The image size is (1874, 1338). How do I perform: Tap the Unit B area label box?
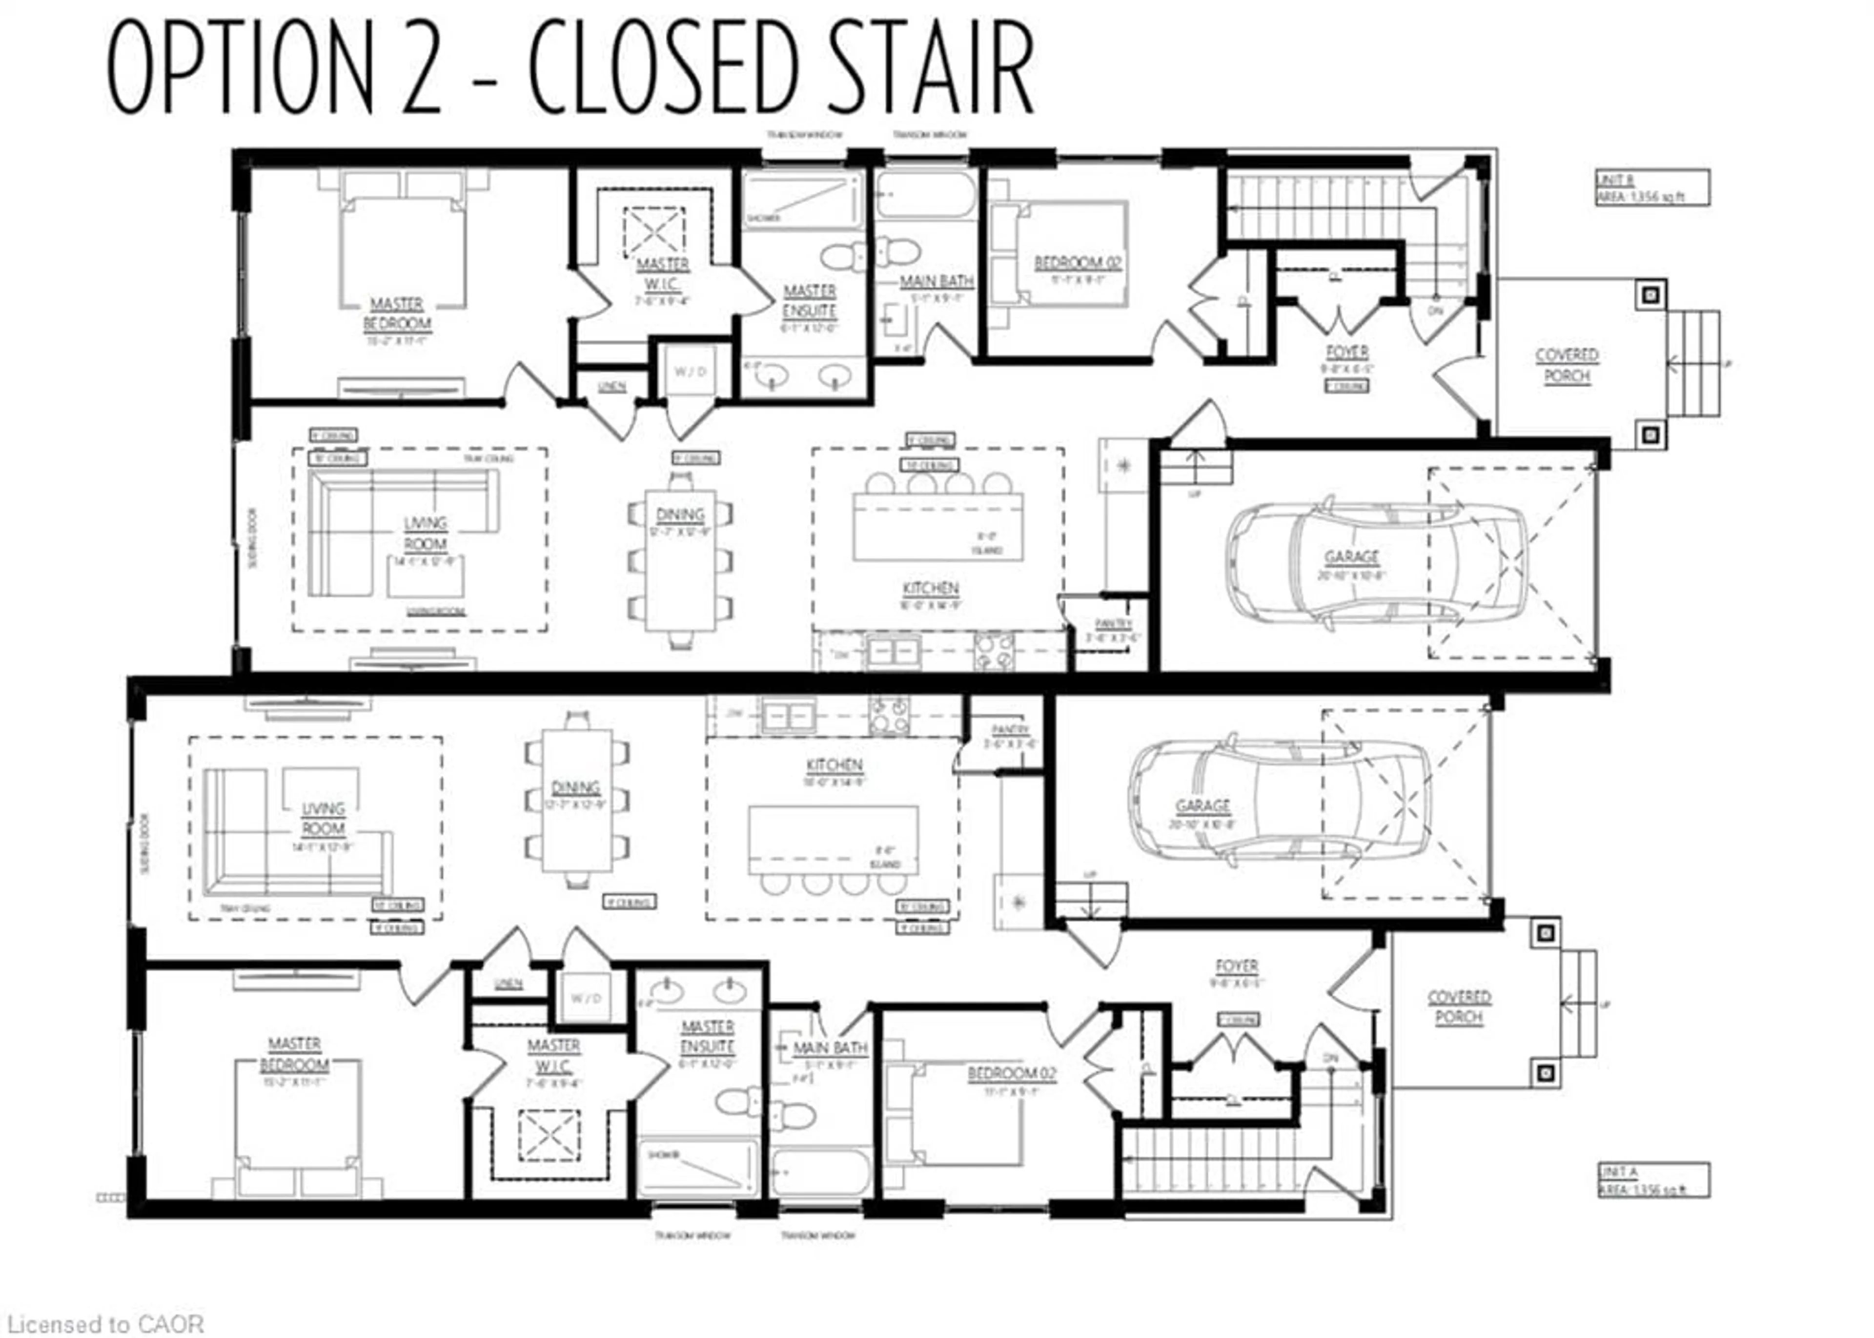(x=1651, y=188)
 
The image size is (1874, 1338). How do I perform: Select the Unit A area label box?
(x=1651, y=1180)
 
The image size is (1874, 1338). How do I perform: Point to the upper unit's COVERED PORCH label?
(x=1566, y=365)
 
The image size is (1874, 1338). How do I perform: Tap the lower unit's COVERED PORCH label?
(x=1458, y=1007)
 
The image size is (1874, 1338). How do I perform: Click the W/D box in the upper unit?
(x=690, y=371)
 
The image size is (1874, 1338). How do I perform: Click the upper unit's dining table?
(x=680, y=560)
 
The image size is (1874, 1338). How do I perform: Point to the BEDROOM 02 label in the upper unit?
(x=1078, y=263)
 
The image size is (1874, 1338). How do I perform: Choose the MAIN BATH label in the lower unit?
(x=830, y=1048)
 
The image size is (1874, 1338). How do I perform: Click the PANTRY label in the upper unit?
(x=1113, y=624)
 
